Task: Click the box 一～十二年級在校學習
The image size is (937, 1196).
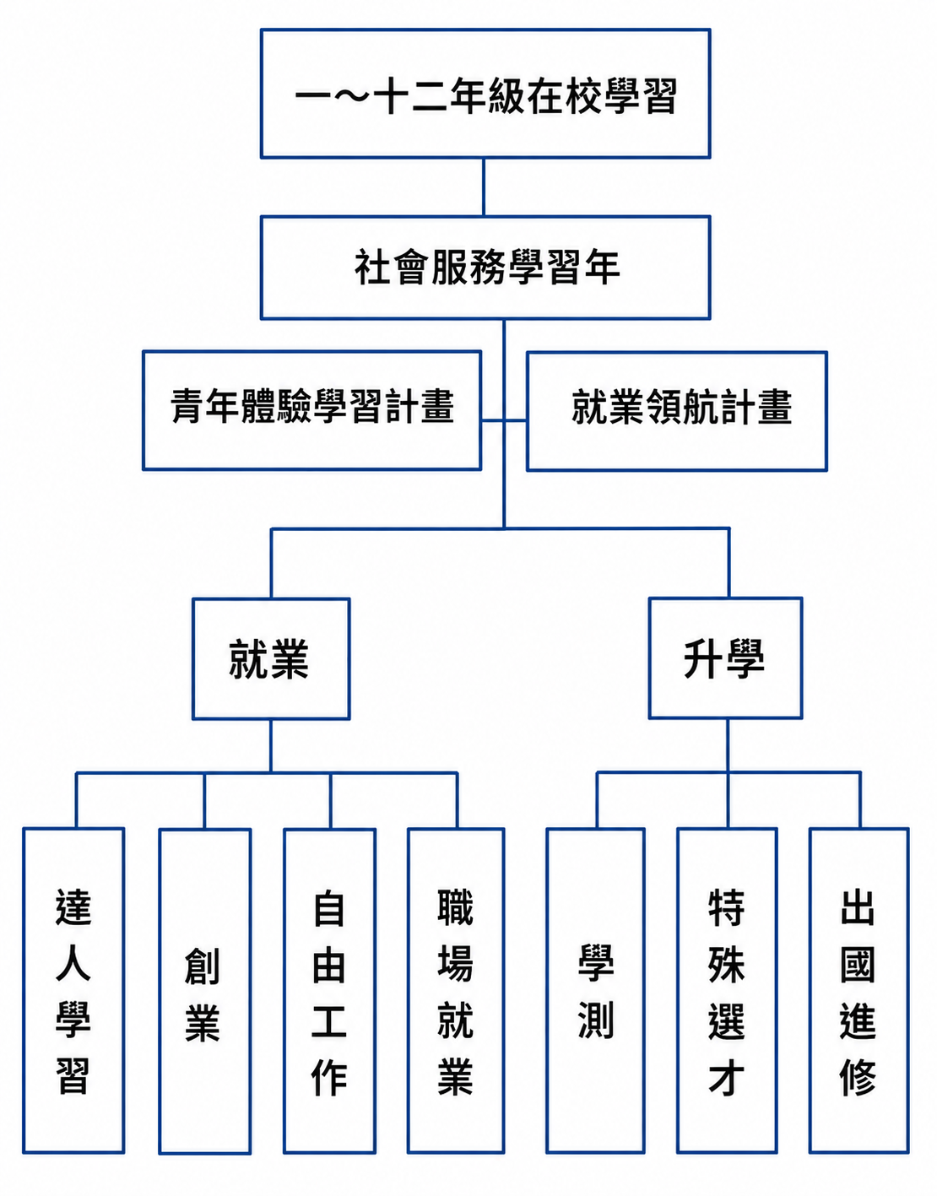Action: click(485, 94)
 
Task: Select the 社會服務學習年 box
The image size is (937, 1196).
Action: click(485, 268)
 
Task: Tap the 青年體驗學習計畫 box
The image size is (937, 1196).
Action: click(312, 410)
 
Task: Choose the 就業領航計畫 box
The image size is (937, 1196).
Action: click(677, 411)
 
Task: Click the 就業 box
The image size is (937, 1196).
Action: click(271, 659)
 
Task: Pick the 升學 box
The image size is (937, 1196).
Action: click(725, 658)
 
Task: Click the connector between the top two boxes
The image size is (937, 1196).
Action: click(484, 187)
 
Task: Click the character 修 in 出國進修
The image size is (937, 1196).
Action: click(858, 1077)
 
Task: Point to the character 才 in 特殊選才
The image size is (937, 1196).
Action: click(726, 1077)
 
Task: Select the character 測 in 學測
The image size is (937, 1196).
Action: click(596, 1020)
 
